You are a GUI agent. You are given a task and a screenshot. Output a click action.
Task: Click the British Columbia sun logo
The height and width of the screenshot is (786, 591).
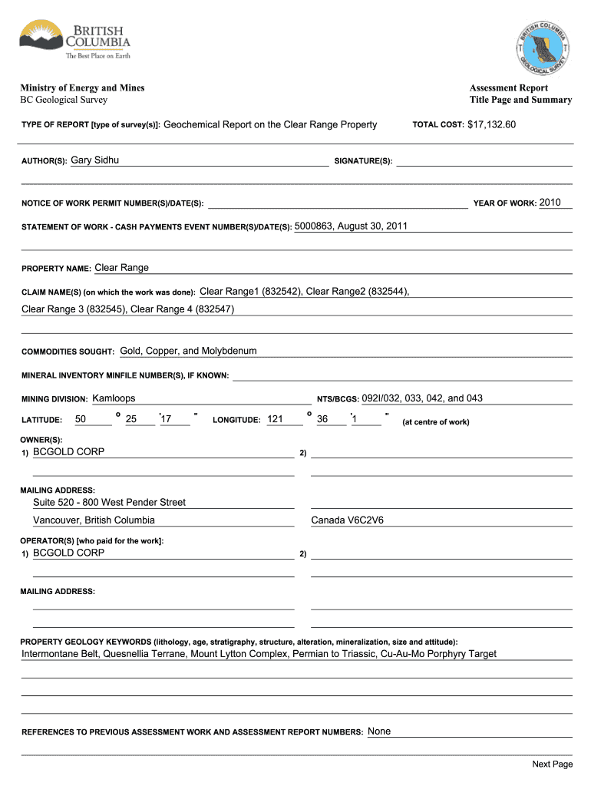[x=41, y=36]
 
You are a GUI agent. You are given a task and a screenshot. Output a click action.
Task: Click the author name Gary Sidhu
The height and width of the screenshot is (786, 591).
[x=94, y=160]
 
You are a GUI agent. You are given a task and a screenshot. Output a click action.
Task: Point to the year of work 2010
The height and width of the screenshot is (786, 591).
[x=550, y=203]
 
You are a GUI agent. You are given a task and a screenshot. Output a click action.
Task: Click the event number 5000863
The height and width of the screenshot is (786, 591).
[x=313, y=226]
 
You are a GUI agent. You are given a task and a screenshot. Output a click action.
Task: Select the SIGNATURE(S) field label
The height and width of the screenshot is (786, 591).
[x=363, y=161]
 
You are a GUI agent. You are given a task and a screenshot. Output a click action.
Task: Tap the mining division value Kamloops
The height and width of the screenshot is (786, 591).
[x=114, y=398]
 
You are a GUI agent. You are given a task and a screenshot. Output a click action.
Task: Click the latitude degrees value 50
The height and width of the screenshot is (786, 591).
[x=81, y=419]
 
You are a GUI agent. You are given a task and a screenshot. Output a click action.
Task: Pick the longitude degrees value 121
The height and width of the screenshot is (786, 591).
[x=276, y=419]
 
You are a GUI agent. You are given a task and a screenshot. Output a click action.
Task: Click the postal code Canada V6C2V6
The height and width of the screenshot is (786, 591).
[x=347, y=520]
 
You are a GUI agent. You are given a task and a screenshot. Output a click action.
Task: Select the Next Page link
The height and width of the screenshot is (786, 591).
[x=553, y=764]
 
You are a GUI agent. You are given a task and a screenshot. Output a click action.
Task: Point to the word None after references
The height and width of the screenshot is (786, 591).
[x=379, y=732]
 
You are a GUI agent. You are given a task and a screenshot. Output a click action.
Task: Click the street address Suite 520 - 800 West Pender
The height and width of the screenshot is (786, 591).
[x=109, y=502]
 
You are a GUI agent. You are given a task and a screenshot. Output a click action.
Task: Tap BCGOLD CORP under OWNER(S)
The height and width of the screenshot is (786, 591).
[x=68, y=452]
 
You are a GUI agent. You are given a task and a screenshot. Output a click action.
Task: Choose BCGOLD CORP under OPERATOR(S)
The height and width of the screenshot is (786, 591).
[x=68, y=553]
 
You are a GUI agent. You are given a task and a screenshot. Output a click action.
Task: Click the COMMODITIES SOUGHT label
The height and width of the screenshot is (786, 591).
[x=68, y=352]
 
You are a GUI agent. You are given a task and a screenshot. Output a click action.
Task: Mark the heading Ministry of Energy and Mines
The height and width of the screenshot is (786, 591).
[x=82, y=88]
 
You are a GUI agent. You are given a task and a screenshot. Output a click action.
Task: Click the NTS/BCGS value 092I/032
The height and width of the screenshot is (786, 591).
[x=381, y=398]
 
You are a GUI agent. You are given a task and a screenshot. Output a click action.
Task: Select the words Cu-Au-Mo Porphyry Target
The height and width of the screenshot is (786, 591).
[x=438, y=654]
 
